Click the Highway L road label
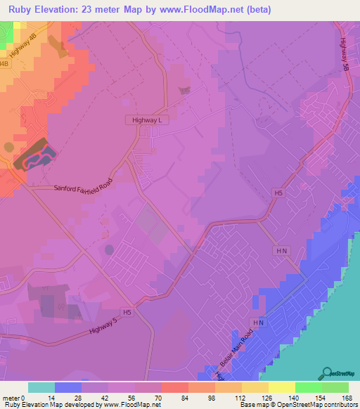click(148, 120)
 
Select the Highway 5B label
click(345, 50)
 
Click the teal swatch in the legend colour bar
click(41, 387)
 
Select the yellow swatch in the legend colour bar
click(282, 387)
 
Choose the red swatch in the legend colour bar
click(175, 387)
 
